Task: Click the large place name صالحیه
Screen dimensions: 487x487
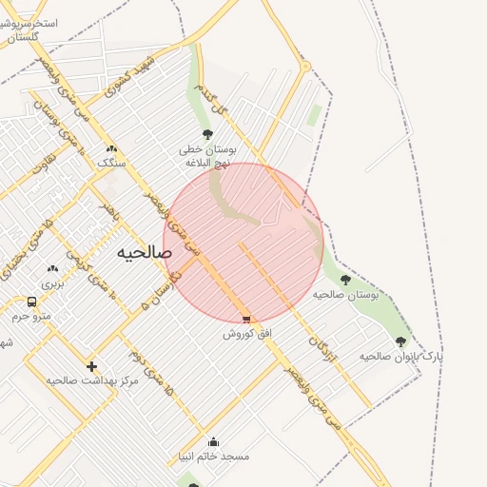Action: (145, 252)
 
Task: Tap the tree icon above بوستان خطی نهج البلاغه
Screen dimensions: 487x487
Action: (207, 134)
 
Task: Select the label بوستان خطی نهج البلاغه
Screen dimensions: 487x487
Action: (207, 156)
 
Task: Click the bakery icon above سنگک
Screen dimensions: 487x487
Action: (111, 148)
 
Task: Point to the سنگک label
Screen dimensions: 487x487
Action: (111, 163)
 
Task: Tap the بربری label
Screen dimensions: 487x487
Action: (51, 283)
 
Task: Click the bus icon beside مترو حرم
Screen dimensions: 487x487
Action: (31, 302)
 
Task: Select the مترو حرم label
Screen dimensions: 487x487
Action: (32, 316)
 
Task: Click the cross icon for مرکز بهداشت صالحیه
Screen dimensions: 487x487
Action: (91, 366)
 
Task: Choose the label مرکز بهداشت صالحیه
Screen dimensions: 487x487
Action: (92, 380)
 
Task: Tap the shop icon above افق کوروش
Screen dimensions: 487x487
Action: (247, 321)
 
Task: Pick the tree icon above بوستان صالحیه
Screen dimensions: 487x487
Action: (345, 280)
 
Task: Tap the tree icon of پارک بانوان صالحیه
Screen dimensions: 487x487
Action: (400, 341)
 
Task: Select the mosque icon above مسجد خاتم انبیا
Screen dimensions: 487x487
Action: (213, 441)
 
